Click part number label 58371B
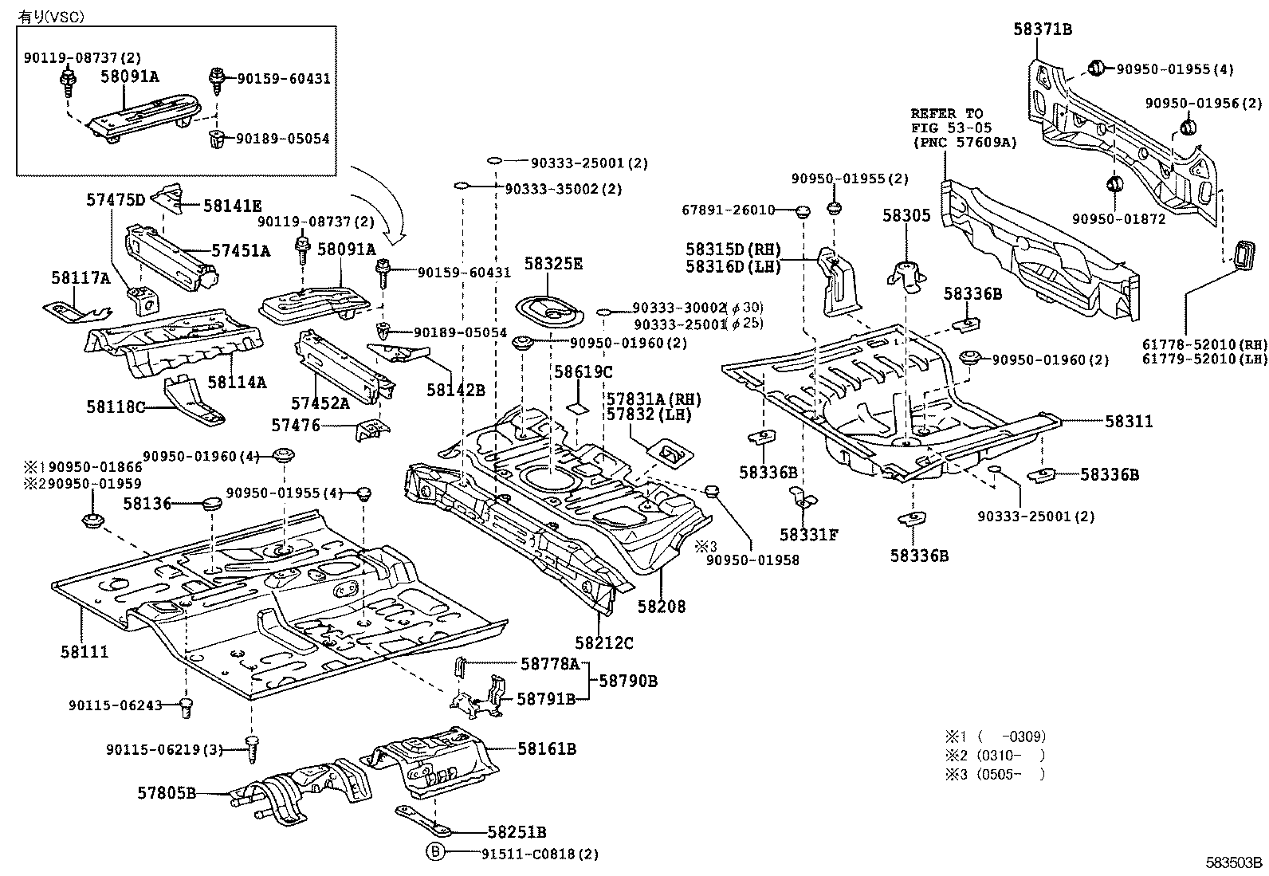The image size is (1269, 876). pyautogui.click(x=1042, y=29)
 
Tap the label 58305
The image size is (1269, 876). pyautogui.click(x=906, y=215)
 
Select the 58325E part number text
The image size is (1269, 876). pyautogui.click(x=553, y=264)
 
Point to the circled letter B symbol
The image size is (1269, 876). pyautogui.click(x=435, y=853)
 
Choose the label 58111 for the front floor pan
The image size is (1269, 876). pyautogui.click(x=84, y=652)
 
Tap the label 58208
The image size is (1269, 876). pyautogui.click(x=661, y=607)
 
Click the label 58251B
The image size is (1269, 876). pyautogui.click(x=517, y=832)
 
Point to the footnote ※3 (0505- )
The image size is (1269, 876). pyautogui.click(x=994, y=774)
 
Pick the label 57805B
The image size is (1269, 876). pyautogui.click(x=167, y=793)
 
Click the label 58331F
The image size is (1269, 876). pyautogui.click(x=809, y=535)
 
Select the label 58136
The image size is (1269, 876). pyautogui.click(x=147, y=504)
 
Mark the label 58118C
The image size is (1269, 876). pyautogui.click(x=116, y=407)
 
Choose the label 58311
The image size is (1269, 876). pyautogui.click(x=1130, y=421)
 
